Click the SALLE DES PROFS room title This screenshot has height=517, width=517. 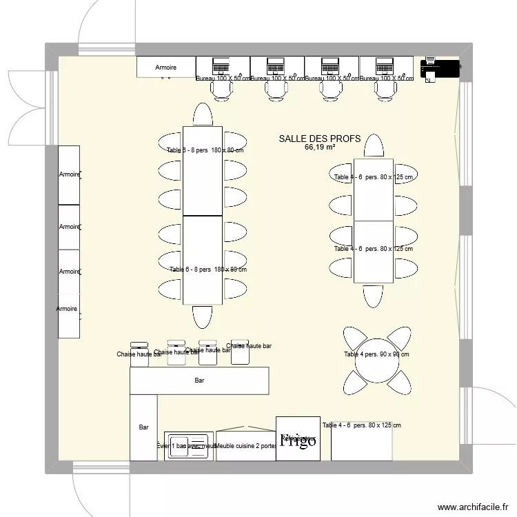tap(319, 139)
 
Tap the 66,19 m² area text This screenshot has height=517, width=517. tap(319, 147)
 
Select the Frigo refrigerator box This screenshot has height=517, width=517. tap(298, 438)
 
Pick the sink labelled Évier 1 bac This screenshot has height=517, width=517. tap(187, 446)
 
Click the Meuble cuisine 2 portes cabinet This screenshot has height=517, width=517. tap(246, 445)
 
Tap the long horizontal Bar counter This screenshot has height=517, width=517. tap(199, 381)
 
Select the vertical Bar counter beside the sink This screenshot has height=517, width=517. tap(143, 427)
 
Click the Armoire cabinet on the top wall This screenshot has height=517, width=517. tap(165, 68)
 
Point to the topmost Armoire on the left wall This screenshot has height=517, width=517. tap(68, 175)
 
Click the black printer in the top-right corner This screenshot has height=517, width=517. tap(440, 68)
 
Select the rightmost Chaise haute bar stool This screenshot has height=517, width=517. tap(239, 345)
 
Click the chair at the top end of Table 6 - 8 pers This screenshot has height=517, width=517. tap(203, 114)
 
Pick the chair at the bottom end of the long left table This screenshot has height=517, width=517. tap(203, 316)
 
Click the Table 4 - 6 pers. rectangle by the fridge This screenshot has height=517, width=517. tap(361, 441)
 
